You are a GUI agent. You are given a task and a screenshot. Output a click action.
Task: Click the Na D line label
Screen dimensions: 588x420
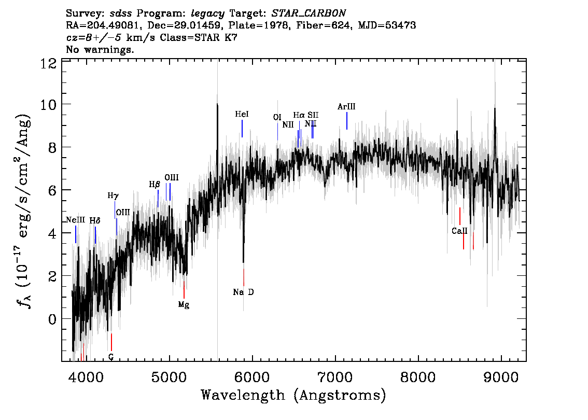pos(243,292)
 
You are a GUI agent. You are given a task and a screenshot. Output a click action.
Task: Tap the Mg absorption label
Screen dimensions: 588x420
pos(184,305)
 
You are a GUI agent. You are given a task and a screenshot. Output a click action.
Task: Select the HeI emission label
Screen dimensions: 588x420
pos(242,114)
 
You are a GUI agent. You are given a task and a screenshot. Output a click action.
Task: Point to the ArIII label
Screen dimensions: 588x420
pos(346,106)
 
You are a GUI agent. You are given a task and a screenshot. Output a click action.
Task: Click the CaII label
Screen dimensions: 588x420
pos(459,231)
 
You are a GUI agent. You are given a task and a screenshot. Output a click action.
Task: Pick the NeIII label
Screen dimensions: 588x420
pos(76,220)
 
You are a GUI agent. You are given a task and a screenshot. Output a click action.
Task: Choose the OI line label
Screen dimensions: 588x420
pos(277,117)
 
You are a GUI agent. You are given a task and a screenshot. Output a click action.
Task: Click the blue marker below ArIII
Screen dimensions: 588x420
pos(347,121)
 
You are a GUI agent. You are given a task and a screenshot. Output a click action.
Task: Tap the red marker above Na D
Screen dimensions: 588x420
pos(244,277)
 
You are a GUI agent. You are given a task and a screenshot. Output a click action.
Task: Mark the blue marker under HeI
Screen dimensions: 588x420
pos(242,129)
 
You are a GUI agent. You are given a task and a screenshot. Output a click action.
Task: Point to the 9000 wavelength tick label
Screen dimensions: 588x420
pos(500,377)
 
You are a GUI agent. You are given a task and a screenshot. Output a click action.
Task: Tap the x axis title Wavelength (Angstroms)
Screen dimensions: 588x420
pos(293,395)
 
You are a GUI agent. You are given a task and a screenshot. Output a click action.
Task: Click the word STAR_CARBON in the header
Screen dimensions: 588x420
pos(308,13)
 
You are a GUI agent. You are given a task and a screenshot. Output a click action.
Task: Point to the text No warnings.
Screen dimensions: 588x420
pos(100,49)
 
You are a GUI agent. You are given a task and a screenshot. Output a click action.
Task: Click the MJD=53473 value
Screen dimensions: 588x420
pos(387,25)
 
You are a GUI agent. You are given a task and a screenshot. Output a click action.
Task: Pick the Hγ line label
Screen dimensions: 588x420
pos(113,196)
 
